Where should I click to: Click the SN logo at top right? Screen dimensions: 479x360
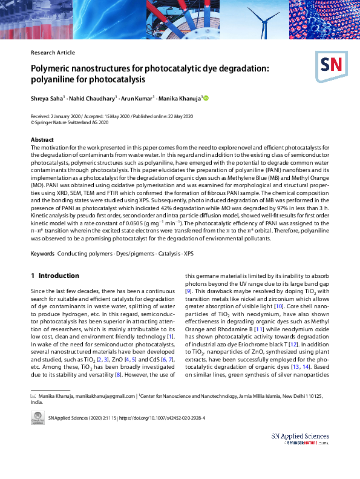(330, 65)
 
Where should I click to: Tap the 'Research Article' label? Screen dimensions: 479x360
(53, 53)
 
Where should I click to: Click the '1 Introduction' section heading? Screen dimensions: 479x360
(55, 276)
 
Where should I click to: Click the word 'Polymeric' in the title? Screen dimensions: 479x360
(53, 68)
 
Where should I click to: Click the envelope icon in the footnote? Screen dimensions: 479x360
(34, 396)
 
